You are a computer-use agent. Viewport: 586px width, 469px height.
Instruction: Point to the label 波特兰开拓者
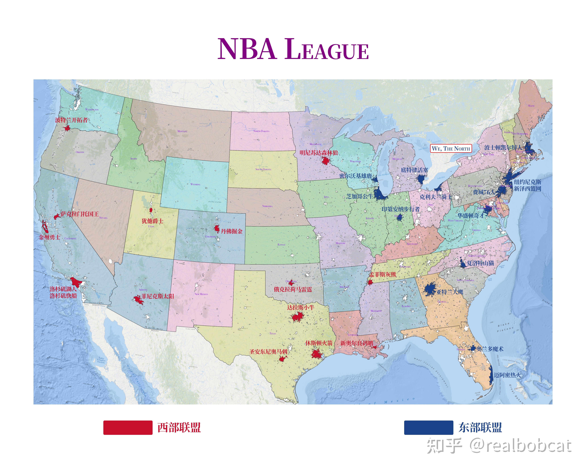pos(71,120)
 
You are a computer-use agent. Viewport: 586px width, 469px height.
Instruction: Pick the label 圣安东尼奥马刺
pos(268,352)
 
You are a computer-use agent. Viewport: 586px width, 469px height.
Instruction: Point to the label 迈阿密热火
pos(507,375)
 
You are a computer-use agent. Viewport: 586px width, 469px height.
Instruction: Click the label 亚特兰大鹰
pos(450,292)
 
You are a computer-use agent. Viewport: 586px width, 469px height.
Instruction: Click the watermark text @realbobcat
pos(520,446)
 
